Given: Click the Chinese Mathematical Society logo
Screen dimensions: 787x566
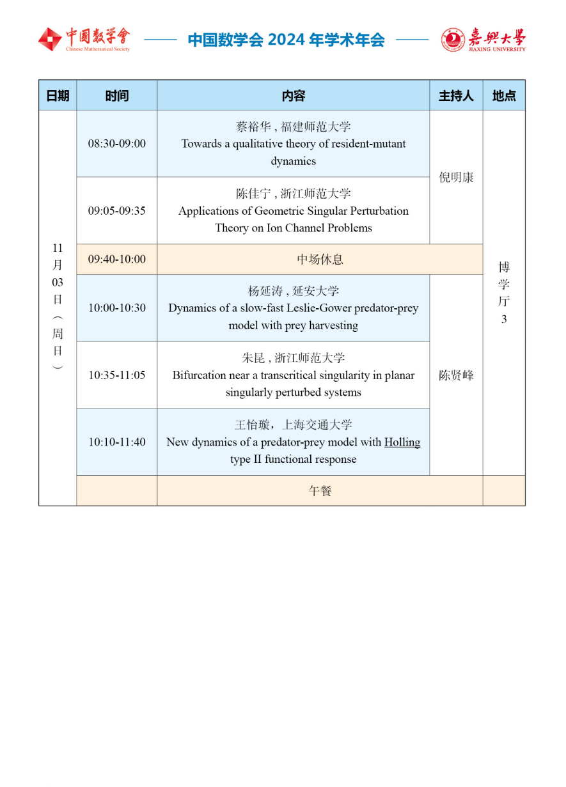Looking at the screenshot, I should (83, 40).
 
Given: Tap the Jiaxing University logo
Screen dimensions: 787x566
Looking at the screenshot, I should (483, 40).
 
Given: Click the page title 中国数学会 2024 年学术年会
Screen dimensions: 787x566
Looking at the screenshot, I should (286, 40).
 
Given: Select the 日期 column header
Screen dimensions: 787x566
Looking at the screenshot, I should (58, 96).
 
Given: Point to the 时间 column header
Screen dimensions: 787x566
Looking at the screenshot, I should (116, 96).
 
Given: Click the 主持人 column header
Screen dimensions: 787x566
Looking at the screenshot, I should (456, 96).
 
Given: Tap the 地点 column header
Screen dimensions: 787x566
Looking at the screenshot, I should (504, 96).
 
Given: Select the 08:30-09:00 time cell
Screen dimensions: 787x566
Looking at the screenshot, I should (117, 144).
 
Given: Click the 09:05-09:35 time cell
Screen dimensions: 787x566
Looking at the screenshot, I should (117, 211).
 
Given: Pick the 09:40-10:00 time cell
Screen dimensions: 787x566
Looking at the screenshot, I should (117, 260).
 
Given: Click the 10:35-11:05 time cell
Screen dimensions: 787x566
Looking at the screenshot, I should (117, 375).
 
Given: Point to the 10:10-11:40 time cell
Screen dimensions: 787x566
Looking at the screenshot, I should (117, 442).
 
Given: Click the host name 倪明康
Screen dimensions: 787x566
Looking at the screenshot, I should (456, 178).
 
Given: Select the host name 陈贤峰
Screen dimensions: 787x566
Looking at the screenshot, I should (456, 375).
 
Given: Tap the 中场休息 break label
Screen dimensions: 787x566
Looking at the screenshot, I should (320, 260).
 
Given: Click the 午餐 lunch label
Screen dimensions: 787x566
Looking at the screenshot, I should (320, 491).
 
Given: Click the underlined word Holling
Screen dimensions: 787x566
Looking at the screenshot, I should (402, 442).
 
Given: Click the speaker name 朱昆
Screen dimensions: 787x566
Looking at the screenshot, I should (253, 358).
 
